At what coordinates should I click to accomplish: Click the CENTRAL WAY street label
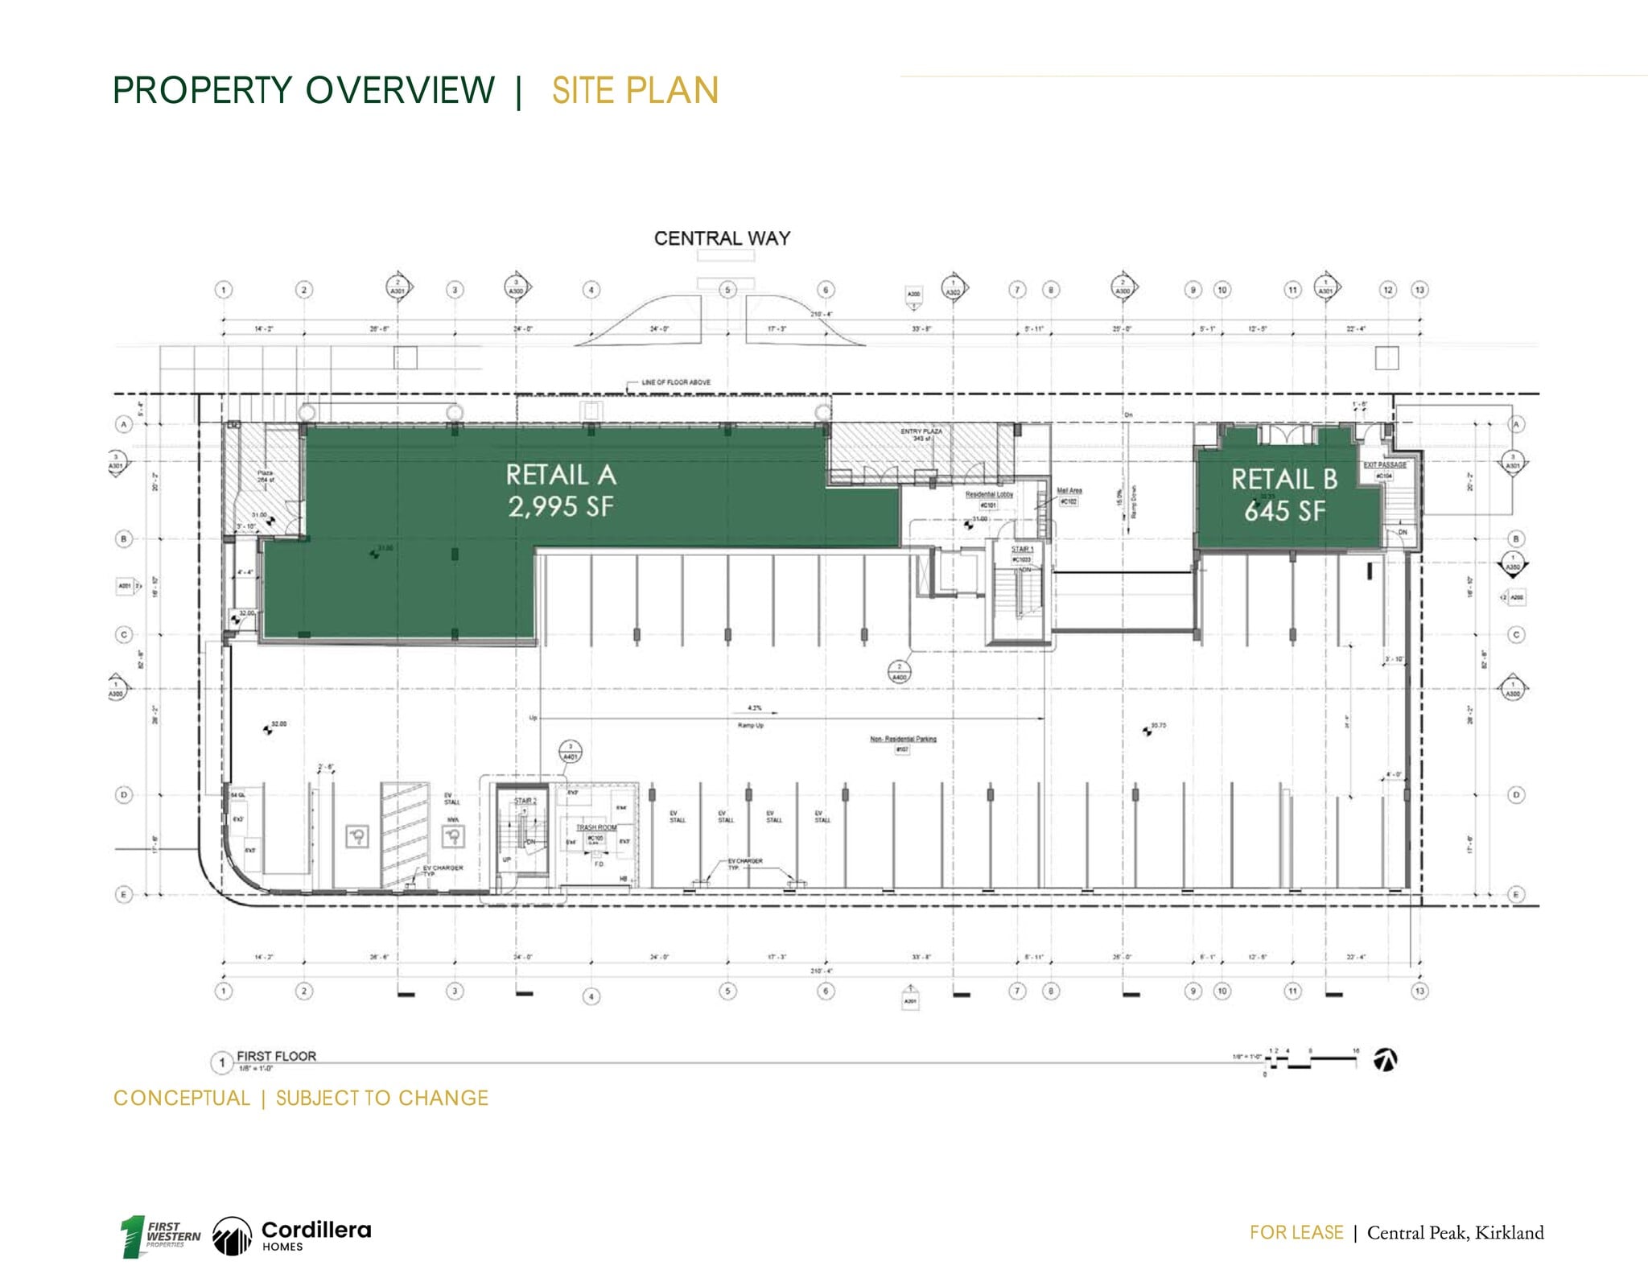(722, 238)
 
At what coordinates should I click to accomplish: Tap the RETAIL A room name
(561, 475)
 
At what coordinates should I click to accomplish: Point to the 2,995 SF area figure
(561, 506)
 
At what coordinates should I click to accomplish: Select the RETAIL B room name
(1284, 480)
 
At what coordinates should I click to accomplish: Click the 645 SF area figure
(1284, 510)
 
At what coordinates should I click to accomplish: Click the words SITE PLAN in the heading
(635, 90)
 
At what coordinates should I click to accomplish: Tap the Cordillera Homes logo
(292, 1235)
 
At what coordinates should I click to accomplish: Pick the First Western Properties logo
(161, 1235)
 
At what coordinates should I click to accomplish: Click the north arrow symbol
(1386, 1060)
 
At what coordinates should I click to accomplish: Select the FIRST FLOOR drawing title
(276, 1056)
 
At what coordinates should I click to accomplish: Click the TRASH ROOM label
(596, 827)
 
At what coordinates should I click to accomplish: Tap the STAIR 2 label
(525, 801)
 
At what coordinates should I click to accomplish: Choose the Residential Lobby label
(989, 494)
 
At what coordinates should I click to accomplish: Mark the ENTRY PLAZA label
(921, 432)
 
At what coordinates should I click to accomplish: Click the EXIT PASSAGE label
(1385, 465)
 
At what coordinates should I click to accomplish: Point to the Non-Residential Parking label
(903, 739)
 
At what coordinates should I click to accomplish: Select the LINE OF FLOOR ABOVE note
(676, 382)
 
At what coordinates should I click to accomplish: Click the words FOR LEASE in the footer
(1296, 1233)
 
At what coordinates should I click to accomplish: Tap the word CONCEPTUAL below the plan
(182, 1099)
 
